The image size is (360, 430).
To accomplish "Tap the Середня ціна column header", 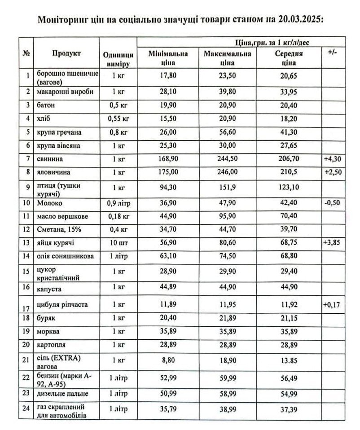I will coord(289,58).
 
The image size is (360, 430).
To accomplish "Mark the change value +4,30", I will coord(332,159).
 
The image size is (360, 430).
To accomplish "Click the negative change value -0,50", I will coord(332,203).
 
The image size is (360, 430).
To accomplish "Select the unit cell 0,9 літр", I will coord(118,203).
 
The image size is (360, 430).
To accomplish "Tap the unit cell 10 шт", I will coord(118,243).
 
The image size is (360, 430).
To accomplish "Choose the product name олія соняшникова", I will coord(66,256).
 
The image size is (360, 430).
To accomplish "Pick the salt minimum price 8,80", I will coord(168,360).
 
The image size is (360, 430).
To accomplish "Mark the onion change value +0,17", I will coord(332,305).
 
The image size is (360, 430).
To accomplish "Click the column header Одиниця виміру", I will coord(118,58).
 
